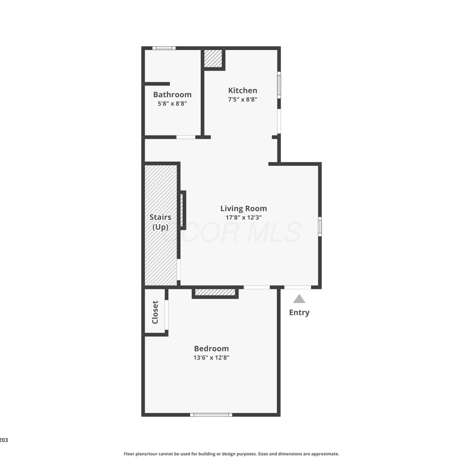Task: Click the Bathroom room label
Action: pyautogui.click(x=172, y=94)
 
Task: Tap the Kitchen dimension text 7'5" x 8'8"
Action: pyautogui.click(x=243, y=99)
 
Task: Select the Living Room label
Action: pyautogui.click(x=244, y=209)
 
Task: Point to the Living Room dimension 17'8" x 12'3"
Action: pyautogui.click(x=244, y=217)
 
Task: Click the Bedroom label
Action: pyautogui.click(x=211, y=348)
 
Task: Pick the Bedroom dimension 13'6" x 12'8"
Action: pyautogui.click(x=211, y=358)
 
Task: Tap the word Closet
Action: pyautogui.click(x=155, y=312)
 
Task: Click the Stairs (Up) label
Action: pyautogui.click(x=161, y=222)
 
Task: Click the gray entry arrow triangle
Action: pyautogui.click(x=299, y=299)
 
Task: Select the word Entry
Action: pyautogui.click(x=299, y=312)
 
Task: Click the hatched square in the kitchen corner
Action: pyautogui.click(x=213, y=58)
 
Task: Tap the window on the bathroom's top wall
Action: pyautogui.click(x=164, y=48)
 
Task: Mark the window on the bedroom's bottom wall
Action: pyautogui.click(x=211, y=415)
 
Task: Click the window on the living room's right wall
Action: pyautogui.click(x=320, y=227)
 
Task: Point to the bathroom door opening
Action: pyautogui.click(x=186, y=137)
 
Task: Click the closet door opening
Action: pyautogui.click(x=167, y=315)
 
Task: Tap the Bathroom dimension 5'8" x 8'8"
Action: pyautogui.click(x=172, y=104)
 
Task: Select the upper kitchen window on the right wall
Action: pyautogui.click(x=279, y=85)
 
